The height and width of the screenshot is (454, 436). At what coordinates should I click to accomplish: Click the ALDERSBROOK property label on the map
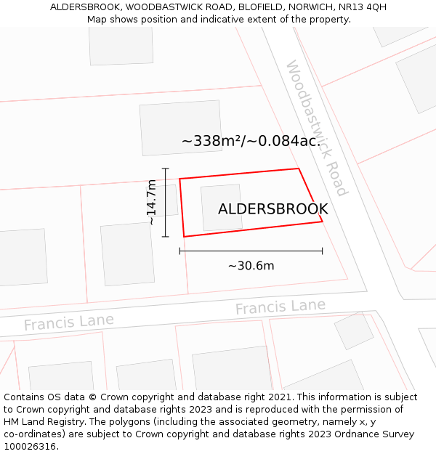click(272, 209)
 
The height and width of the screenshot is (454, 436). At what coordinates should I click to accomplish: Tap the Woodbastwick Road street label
click(316, 128)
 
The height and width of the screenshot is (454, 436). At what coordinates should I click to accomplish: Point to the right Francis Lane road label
click(280, 307)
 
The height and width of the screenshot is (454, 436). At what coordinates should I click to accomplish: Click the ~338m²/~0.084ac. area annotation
click(251, 141)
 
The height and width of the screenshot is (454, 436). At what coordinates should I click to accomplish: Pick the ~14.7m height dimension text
click(151, 202)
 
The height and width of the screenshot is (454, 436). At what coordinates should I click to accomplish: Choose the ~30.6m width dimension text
click(251, 266)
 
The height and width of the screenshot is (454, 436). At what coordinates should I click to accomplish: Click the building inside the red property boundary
click(221, 208)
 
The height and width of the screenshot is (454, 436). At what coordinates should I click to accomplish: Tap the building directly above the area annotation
click(180, 127)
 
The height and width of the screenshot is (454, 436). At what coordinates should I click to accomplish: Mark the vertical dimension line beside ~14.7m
click(166, 203)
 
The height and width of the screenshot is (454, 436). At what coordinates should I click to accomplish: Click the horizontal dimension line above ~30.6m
click(251, 251)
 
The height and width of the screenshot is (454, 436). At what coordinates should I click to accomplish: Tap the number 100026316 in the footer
click(31, 446)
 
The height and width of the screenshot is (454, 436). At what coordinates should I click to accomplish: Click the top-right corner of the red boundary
click(299, 169)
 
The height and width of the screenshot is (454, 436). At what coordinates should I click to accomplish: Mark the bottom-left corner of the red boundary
click(184, 236)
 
